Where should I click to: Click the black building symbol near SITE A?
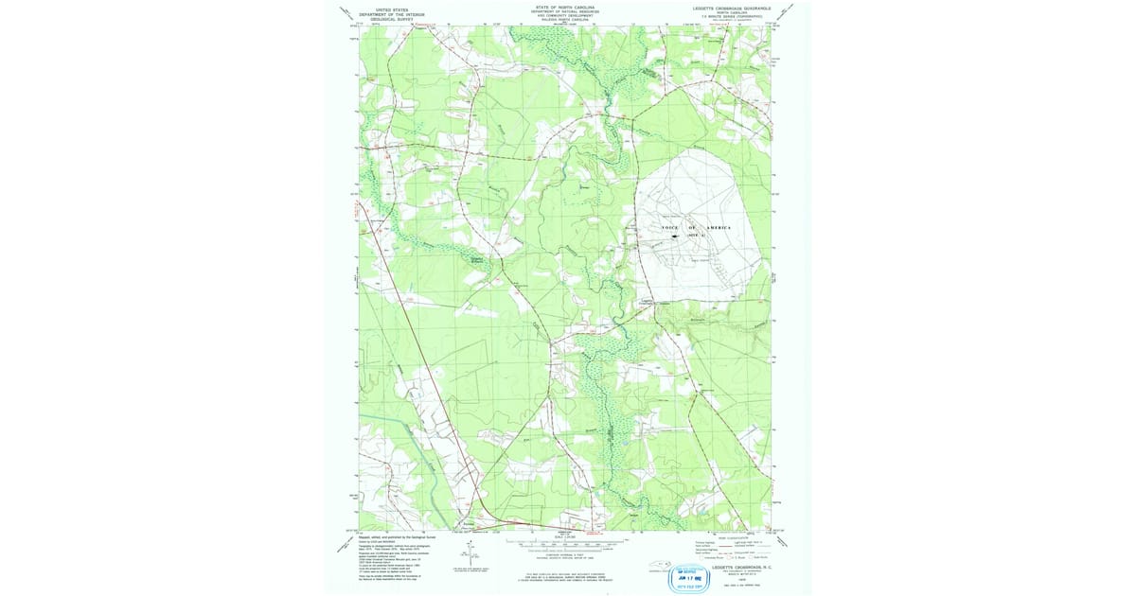coord(674,237)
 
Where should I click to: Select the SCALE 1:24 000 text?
coord(566,538)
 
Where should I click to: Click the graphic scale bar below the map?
coord(566,544)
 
